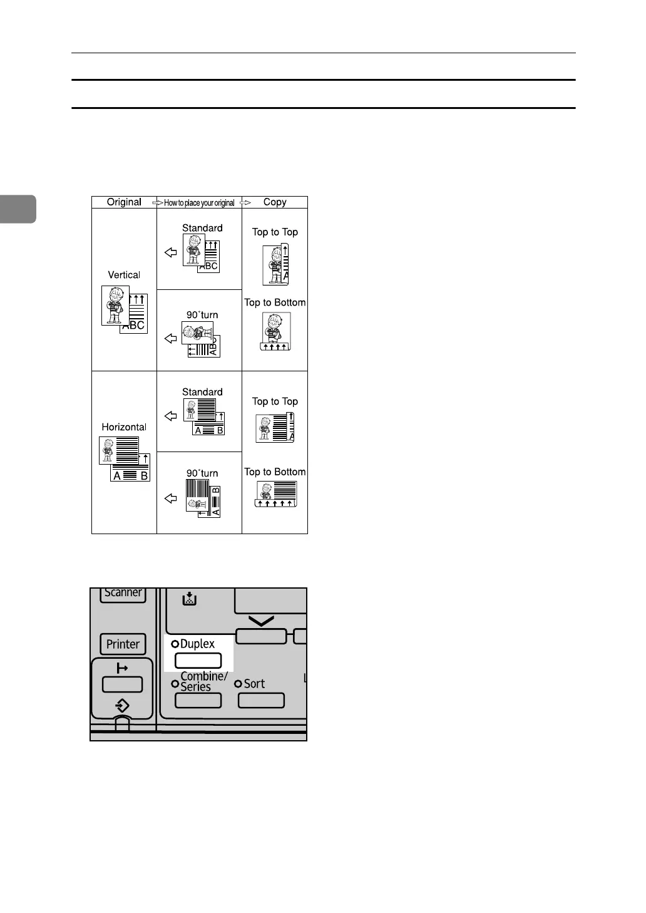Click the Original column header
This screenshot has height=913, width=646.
124,202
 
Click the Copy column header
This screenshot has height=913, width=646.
275,202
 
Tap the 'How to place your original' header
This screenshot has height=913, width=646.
199,203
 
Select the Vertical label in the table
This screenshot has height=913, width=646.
124,275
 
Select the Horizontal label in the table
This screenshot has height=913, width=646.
124,427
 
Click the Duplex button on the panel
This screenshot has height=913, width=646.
198,660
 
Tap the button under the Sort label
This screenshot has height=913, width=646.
261,700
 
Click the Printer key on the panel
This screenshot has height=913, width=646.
123,644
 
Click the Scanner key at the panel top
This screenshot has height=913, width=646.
123,594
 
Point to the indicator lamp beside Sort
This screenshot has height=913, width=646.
238,684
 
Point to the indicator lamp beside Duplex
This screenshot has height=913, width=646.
175,644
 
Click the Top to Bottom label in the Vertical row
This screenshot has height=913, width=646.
275,302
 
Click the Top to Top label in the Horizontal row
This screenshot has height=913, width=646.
275,401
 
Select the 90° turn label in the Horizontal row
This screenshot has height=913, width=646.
202,473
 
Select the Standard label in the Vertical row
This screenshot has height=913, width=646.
202,228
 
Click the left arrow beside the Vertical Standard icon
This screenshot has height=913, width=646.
170,252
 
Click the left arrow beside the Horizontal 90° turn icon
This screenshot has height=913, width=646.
170,498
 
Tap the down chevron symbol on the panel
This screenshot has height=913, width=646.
261,621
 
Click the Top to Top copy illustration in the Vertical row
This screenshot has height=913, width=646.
275,264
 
